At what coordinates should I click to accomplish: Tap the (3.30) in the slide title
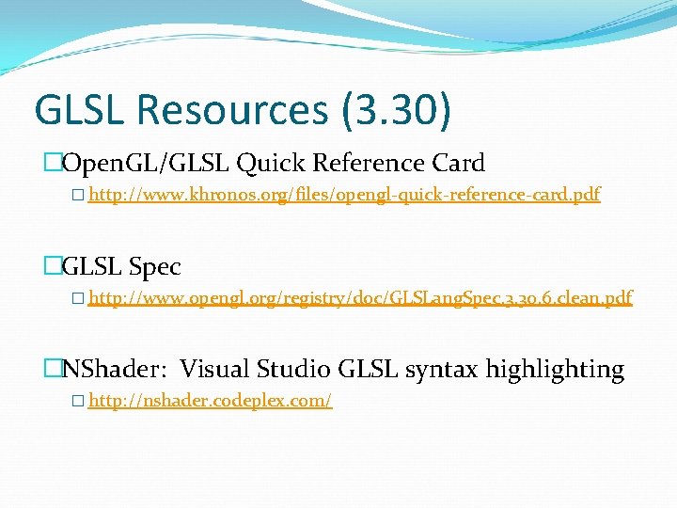point(391,110)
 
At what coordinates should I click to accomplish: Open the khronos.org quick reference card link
point(343,196)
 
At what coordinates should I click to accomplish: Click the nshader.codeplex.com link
point(210,402)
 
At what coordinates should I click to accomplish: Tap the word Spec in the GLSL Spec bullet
point(154,267)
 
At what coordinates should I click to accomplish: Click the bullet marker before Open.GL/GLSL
point(53,164)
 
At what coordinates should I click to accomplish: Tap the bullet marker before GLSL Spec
point(53,267)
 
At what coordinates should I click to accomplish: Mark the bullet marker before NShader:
point(53,370)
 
